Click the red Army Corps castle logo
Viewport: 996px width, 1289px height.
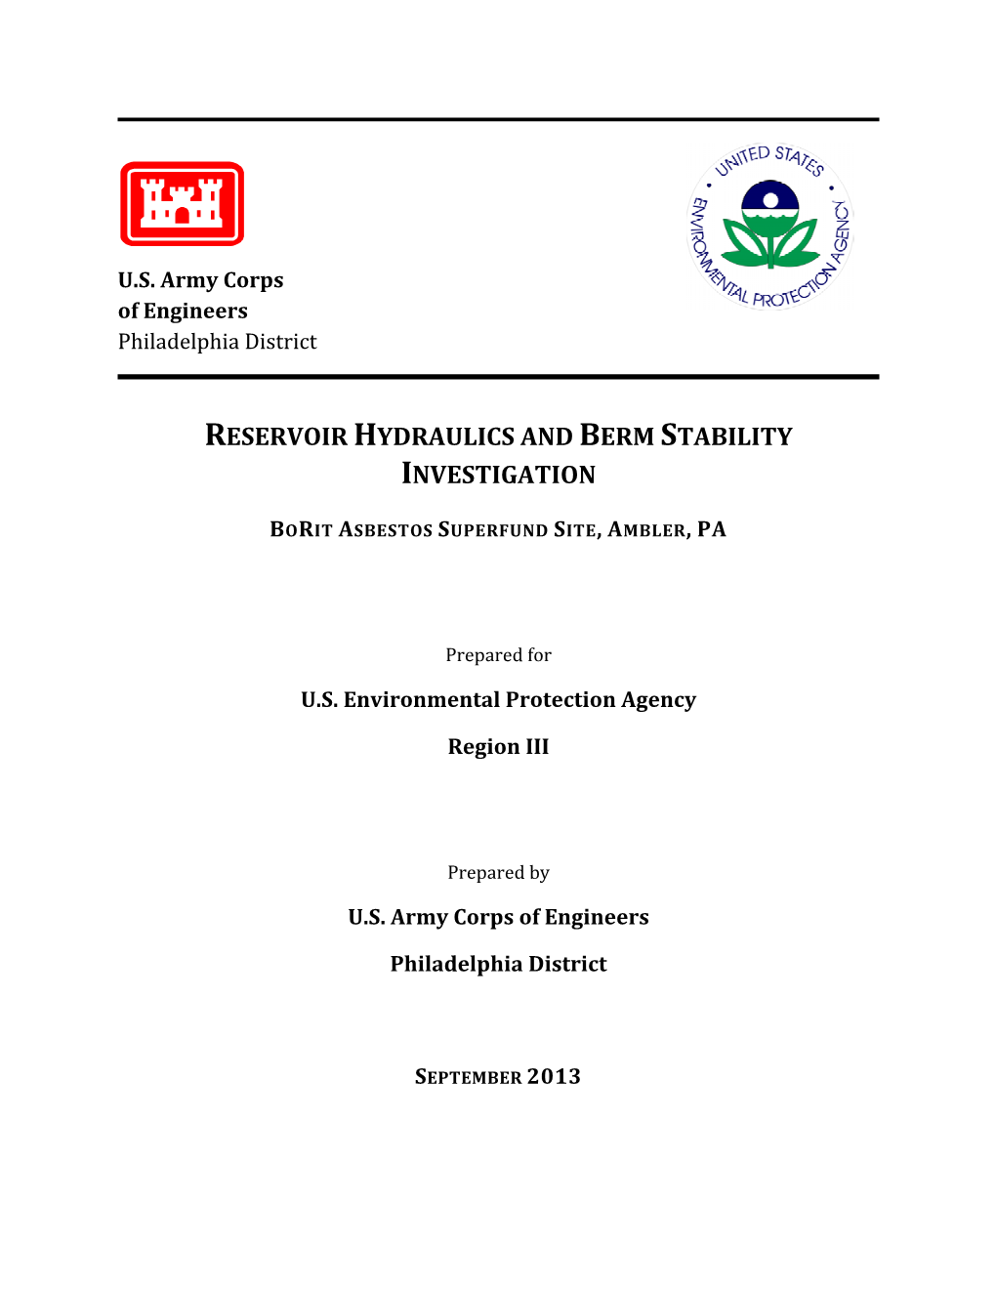click(x=182, y=203)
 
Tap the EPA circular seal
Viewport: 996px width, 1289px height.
click(x=770, y=227)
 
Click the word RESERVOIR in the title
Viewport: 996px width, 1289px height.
click(x=276, y=436)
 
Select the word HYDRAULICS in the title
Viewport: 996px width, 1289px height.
click(x=434, y=436)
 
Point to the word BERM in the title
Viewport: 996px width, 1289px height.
click(x=615, y=436)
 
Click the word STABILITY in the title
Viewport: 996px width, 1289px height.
click(x=726, y=436)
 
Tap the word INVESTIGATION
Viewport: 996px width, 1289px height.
click(x=498, y=475)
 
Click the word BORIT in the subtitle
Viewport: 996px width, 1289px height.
click(x=302, y=529)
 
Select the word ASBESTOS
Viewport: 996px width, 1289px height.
click(x=385, y=529)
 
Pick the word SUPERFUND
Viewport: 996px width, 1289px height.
click(x=492, y=529)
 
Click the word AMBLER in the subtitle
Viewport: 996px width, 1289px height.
click(x=648, y=529)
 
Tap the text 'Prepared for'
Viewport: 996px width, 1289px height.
click(x=498, y=655)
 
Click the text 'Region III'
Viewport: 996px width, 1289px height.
click(x=498, y=747)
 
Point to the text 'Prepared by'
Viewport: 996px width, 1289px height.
click(x=498, y=873)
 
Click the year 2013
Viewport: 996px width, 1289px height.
click(x=554, y=1076)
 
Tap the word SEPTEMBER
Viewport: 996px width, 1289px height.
click(x=468, y=1077)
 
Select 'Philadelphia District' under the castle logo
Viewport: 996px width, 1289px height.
click(x=217, y=342)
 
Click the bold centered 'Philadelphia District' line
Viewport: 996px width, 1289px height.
click(x=498, y=964)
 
